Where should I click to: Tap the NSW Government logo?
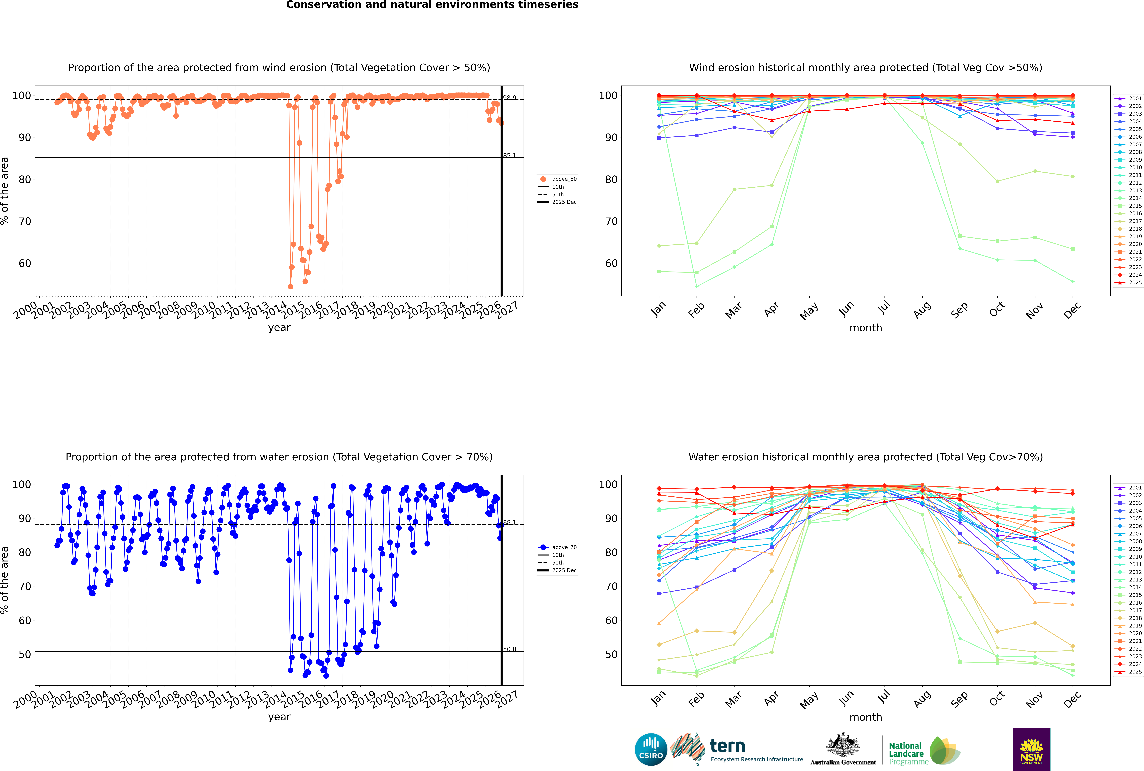coord(1031,749)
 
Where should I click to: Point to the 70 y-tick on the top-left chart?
coord(25,221)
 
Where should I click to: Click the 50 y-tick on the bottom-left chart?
coord(25,654)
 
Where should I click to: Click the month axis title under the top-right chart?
coord(866,328)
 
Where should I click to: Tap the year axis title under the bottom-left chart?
coord(279,717)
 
